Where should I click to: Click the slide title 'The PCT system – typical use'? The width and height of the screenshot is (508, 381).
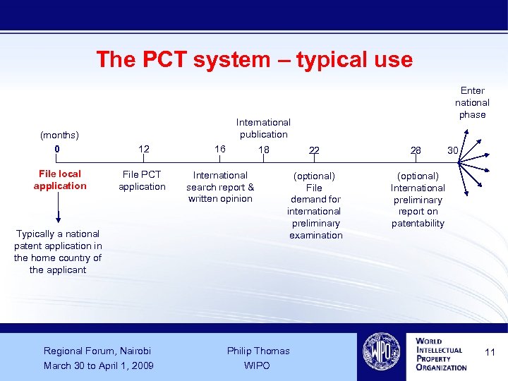(254, 59)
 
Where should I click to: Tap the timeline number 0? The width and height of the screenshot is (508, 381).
(57, 150)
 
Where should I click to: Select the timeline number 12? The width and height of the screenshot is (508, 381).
(144, 149)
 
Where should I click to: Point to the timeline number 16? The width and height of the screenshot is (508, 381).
(220, 149)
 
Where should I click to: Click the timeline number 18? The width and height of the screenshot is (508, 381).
(264, 150)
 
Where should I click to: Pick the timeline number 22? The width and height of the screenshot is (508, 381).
(314, 150)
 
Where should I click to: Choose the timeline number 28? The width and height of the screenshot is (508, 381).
(416, 150)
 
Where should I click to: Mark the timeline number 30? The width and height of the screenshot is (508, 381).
(452, 150)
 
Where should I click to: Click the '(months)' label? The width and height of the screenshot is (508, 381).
(59, 135)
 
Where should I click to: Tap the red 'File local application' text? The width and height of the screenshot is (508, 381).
(60, 180)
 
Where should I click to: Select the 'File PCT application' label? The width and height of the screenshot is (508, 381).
(142, 181)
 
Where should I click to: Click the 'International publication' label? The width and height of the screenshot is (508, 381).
(263, 128)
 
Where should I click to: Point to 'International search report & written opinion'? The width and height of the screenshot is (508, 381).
(220, 187)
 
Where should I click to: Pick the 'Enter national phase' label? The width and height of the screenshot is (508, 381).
(472, 102)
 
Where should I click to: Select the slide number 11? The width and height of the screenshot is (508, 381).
(490, 351)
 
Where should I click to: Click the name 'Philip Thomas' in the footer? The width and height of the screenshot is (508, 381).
(258, 351)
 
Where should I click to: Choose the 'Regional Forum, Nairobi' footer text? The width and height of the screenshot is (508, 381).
(97, 351)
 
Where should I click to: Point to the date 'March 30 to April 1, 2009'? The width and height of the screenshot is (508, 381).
(99, 365)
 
